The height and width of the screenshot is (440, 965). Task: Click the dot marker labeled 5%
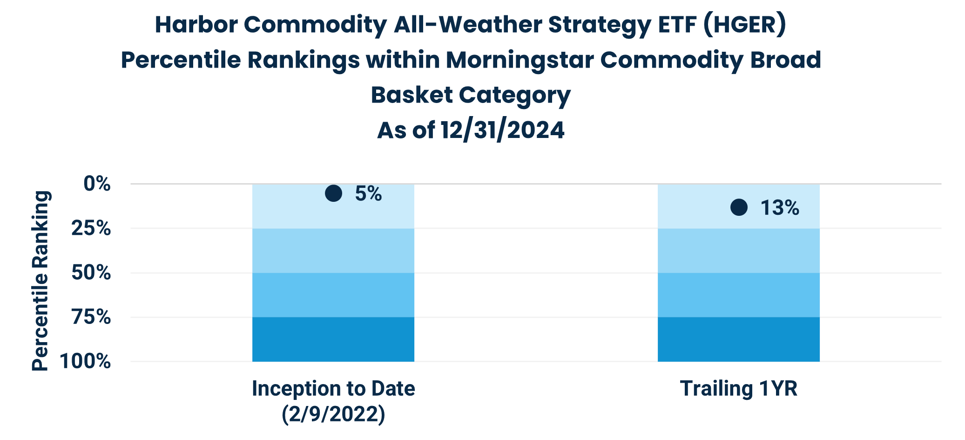[333, 193]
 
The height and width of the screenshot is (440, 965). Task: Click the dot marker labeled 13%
[739, 207]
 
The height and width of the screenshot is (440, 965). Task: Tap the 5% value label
[368, 194]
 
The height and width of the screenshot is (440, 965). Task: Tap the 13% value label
[780, 208]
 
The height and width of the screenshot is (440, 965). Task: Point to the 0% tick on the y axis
[97, 184]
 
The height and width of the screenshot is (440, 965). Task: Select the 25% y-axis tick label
[91, 228]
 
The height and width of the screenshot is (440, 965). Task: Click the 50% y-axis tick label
[91, 273]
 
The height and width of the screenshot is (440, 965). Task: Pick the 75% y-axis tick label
[91, 317]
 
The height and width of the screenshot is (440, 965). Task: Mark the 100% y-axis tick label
[86, 361]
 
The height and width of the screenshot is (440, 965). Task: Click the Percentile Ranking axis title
[40, 281]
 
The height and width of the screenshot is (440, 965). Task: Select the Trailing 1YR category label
[739, 388]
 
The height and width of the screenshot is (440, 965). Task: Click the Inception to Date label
[333, 388]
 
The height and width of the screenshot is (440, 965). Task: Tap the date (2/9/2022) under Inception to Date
[333, 414]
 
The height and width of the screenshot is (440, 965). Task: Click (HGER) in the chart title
[744, 25]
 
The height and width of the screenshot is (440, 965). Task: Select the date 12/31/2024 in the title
[503, 130]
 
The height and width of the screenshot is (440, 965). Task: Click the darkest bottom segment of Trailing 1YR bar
[739, 339]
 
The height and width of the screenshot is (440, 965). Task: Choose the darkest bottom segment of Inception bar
[333, 339]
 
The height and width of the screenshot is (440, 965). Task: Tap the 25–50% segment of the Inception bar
[333, 251]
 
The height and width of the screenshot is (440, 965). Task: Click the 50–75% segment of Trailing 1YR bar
[739, 295]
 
